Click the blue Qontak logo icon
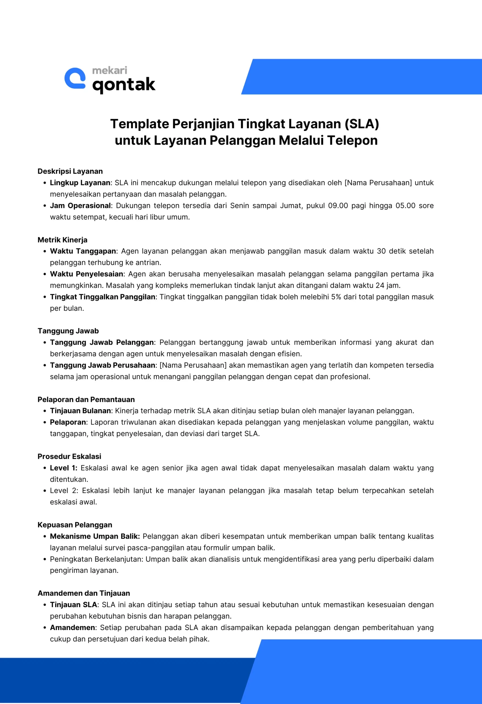point(75,78)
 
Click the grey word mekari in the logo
point(110,71)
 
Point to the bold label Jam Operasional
point(80,206)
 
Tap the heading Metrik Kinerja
point(62,240)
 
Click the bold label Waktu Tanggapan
point(83,251)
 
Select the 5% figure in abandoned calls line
point(336,297)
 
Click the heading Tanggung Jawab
point(68,331)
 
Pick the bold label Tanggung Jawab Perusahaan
point(102,365)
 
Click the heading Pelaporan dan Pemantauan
point(86,400)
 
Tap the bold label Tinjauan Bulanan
point(80,411)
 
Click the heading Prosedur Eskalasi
point(69,457)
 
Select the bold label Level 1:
point(63,468)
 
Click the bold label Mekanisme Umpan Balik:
point(95,536)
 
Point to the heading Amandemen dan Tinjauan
point(84,593)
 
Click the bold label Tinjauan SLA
point(74,605)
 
